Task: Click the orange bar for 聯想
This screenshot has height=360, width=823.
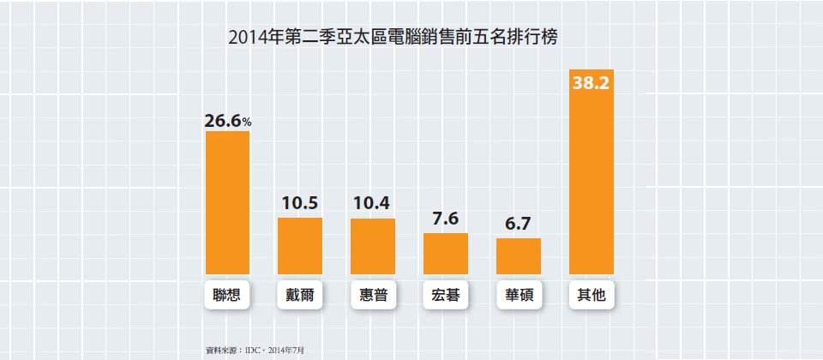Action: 227,202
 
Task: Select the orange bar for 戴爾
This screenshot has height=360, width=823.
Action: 300,245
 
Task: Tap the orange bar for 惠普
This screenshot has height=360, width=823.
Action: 373,246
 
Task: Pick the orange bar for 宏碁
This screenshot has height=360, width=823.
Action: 446,253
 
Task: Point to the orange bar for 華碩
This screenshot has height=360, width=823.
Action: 519,255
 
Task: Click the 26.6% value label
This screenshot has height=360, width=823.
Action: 227,121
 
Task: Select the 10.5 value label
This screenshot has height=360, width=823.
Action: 300,203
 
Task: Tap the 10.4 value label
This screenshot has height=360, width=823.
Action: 373,203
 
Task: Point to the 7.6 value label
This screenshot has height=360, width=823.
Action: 446,219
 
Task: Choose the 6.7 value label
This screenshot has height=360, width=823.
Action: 519,224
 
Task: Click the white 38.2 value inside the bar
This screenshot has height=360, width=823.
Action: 592,84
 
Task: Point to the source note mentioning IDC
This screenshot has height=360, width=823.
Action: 255,350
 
